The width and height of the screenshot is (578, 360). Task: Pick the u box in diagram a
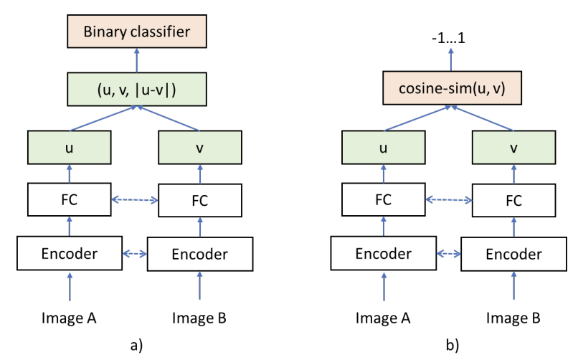70,148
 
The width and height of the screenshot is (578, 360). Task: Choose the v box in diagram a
199,148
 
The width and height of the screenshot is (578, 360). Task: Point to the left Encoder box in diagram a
70,252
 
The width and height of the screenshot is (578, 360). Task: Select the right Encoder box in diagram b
514,254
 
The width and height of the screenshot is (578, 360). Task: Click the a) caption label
136,344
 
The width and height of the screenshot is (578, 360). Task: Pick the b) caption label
453,344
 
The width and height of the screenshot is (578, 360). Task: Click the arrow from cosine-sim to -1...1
450,63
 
